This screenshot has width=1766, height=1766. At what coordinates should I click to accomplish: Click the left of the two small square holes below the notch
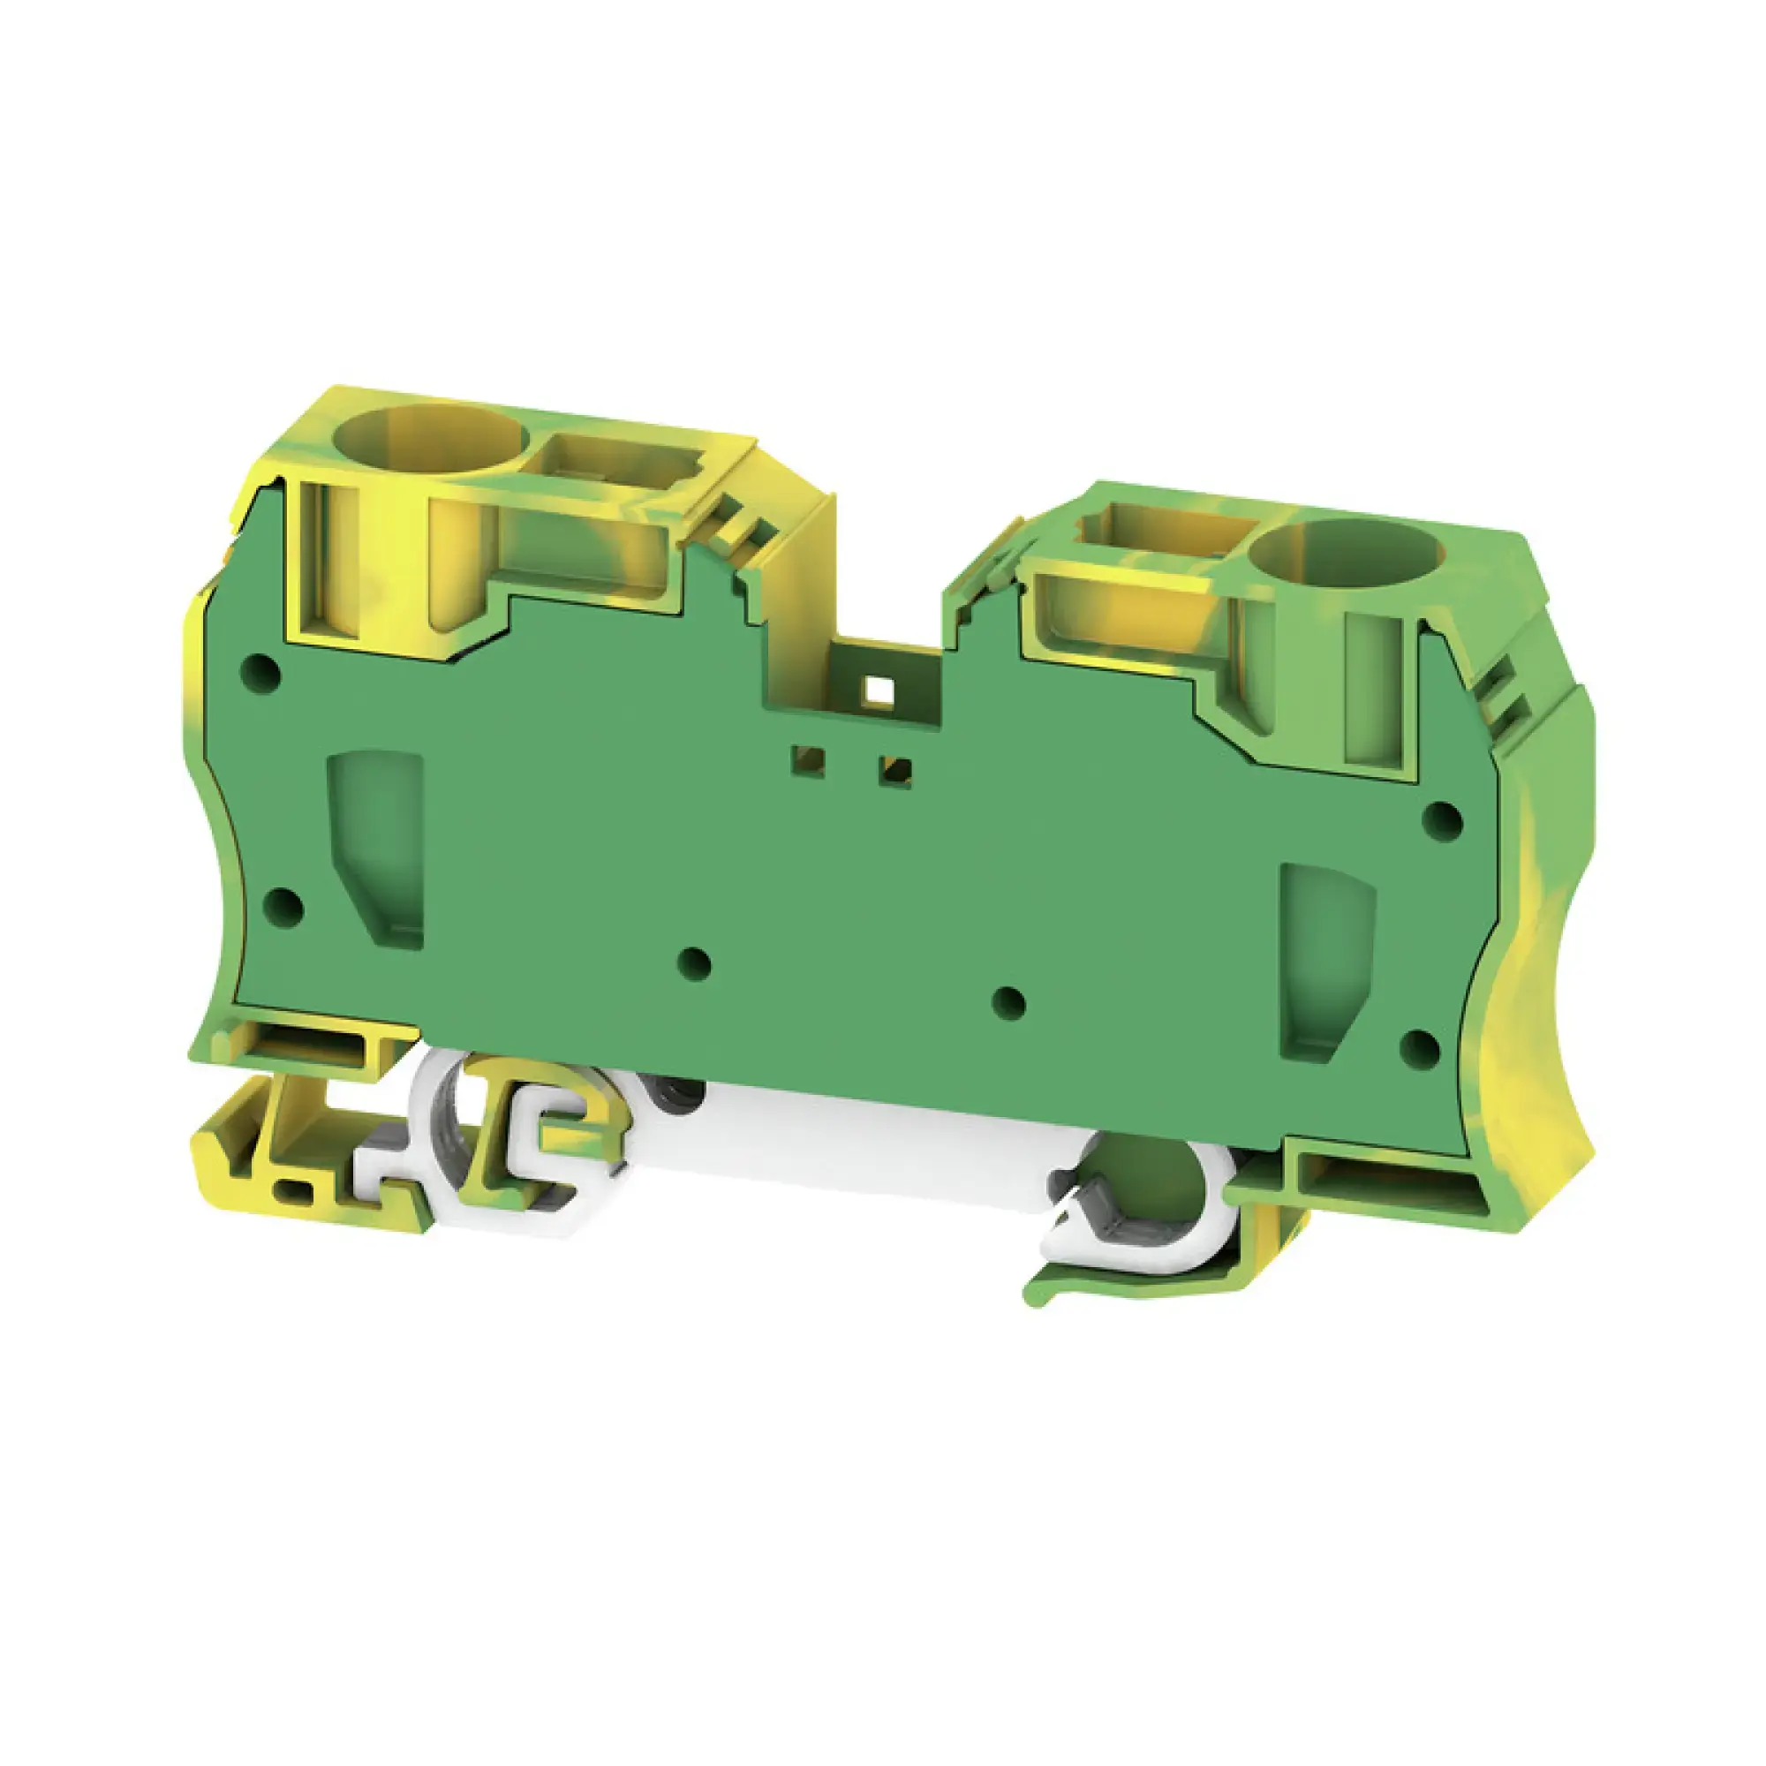(810, 760)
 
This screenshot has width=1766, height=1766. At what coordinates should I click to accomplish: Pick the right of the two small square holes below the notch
(893, 773)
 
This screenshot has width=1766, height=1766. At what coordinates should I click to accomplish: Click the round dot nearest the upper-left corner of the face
(260, 670)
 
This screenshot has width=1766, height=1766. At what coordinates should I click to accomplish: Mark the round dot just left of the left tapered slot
(283, 907)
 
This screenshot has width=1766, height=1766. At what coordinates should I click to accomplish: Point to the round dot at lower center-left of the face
(697, 963)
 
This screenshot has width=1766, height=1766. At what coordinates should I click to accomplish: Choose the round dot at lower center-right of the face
(1008, 1003)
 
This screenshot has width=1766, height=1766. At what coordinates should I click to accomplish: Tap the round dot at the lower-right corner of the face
(1420, 1051)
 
